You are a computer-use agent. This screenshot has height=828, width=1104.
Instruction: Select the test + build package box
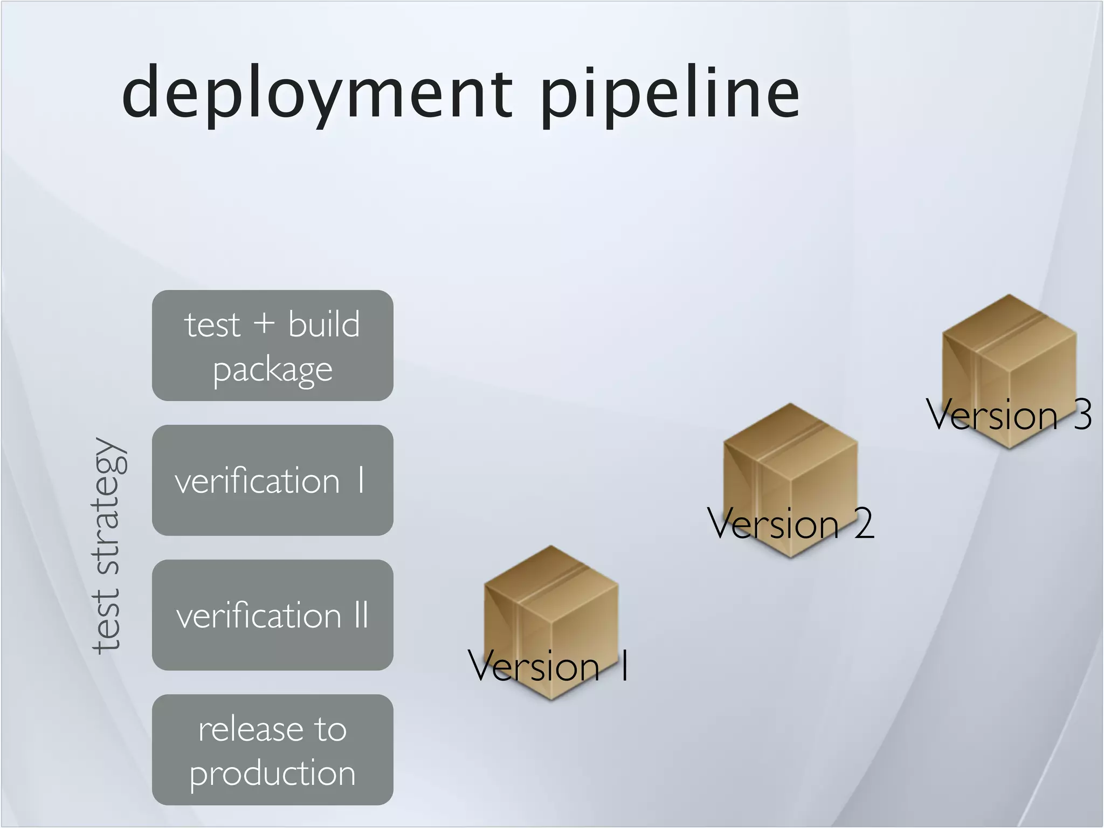point(272,346)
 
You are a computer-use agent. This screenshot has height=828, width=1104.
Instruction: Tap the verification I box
point(272,480)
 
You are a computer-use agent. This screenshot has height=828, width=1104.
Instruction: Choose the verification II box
point(272,615)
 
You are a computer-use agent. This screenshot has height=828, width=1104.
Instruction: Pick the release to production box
point(272,750)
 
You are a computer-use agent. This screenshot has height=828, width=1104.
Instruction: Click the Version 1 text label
point(547,666)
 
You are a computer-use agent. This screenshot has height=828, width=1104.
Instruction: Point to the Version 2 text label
point(790,523)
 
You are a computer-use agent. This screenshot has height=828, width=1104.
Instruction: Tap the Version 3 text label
point(1008,415)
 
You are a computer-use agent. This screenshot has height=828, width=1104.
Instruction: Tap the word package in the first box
point(272,370)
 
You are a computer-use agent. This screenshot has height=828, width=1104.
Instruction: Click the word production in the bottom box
point(272,773)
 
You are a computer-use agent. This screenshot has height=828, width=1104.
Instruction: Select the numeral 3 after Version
point(1082,415)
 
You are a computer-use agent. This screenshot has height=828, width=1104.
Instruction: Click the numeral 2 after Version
point(864,523)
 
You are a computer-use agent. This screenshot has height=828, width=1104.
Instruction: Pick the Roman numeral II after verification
point(361,615)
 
